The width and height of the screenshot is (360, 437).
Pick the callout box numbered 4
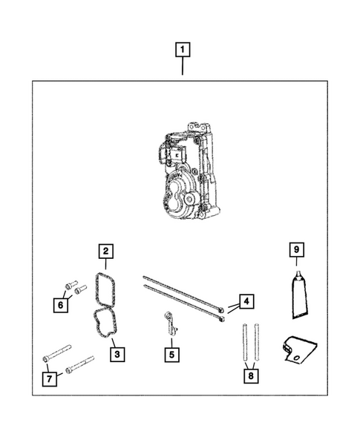click(x=246, y=301)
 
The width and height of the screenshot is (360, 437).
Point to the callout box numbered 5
click(x=171, y=354)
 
